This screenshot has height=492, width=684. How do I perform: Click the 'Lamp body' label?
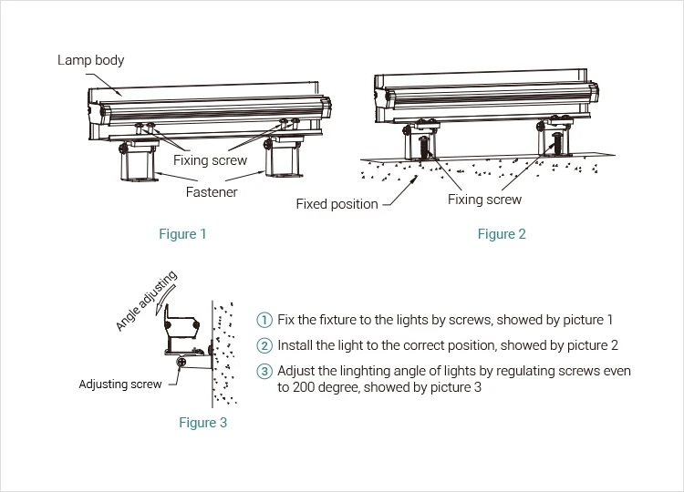tap(90, 60)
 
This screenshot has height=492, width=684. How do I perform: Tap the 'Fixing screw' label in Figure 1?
tap(211, 160)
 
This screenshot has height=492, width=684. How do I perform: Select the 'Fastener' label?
tap(212, 192)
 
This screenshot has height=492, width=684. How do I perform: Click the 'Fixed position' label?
tap(337, 204)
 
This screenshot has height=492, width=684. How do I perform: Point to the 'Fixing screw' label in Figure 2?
tap(484, 200)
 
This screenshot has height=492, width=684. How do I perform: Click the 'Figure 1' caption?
tap(182, 234)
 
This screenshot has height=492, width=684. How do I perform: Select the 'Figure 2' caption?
tap(502, 234)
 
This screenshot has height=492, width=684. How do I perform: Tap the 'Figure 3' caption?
tap(202, 423)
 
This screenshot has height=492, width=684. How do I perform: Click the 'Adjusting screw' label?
tap(120, 384)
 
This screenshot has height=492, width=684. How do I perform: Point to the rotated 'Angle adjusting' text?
tap(146, 302)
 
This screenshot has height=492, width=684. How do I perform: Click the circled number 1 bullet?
tap(264, 320)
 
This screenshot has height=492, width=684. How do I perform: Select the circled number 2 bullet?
tap(264, 345)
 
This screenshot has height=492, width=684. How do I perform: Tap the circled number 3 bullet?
tap(264, 371)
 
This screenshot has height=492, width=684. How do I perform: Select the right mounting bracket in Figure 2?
tap(554, 141)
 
